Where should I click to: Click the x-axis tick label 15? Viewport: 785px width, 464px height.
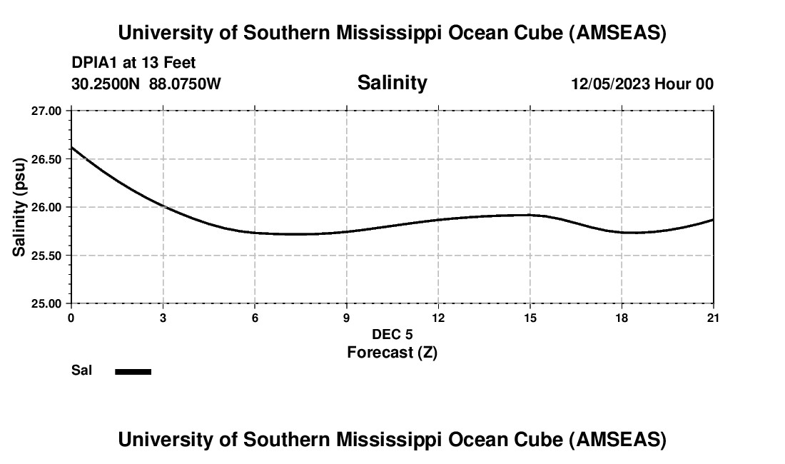coord(530,318)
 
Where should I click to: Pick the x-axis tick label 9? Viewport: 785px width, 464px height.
coord(346,318)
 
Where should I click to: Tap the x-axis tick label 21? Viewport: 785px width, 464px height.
coord(713,318)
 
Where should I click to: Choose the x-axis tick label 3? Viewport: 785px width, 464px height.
coord(163,318)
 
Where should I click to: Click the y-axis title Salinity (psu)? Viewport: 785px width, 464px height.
coord(20,207)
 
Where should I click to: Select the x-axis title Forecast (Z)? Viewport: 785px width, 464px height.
coord(392,353)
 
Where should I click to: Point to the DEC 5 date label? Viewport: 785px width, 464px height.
coord(392,335)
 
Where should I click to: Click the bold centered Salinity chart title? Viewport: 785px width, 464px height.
coord(392,83)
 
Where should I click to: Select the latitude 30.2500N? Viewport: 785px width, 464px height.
coord(107,84)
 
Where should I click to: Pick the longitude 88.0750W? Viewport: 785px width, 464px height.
coord(185,84)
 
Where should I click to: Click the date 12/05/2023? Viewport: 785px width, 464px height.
coord(610,84)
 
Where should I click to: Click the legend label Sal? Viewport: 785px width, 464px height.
coord(82,370)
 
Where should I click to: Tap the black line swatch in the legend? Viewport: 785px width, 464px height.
coord(133,371)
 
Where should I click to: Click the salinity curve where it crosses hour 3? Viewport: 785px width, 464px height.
coord(163,206)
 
